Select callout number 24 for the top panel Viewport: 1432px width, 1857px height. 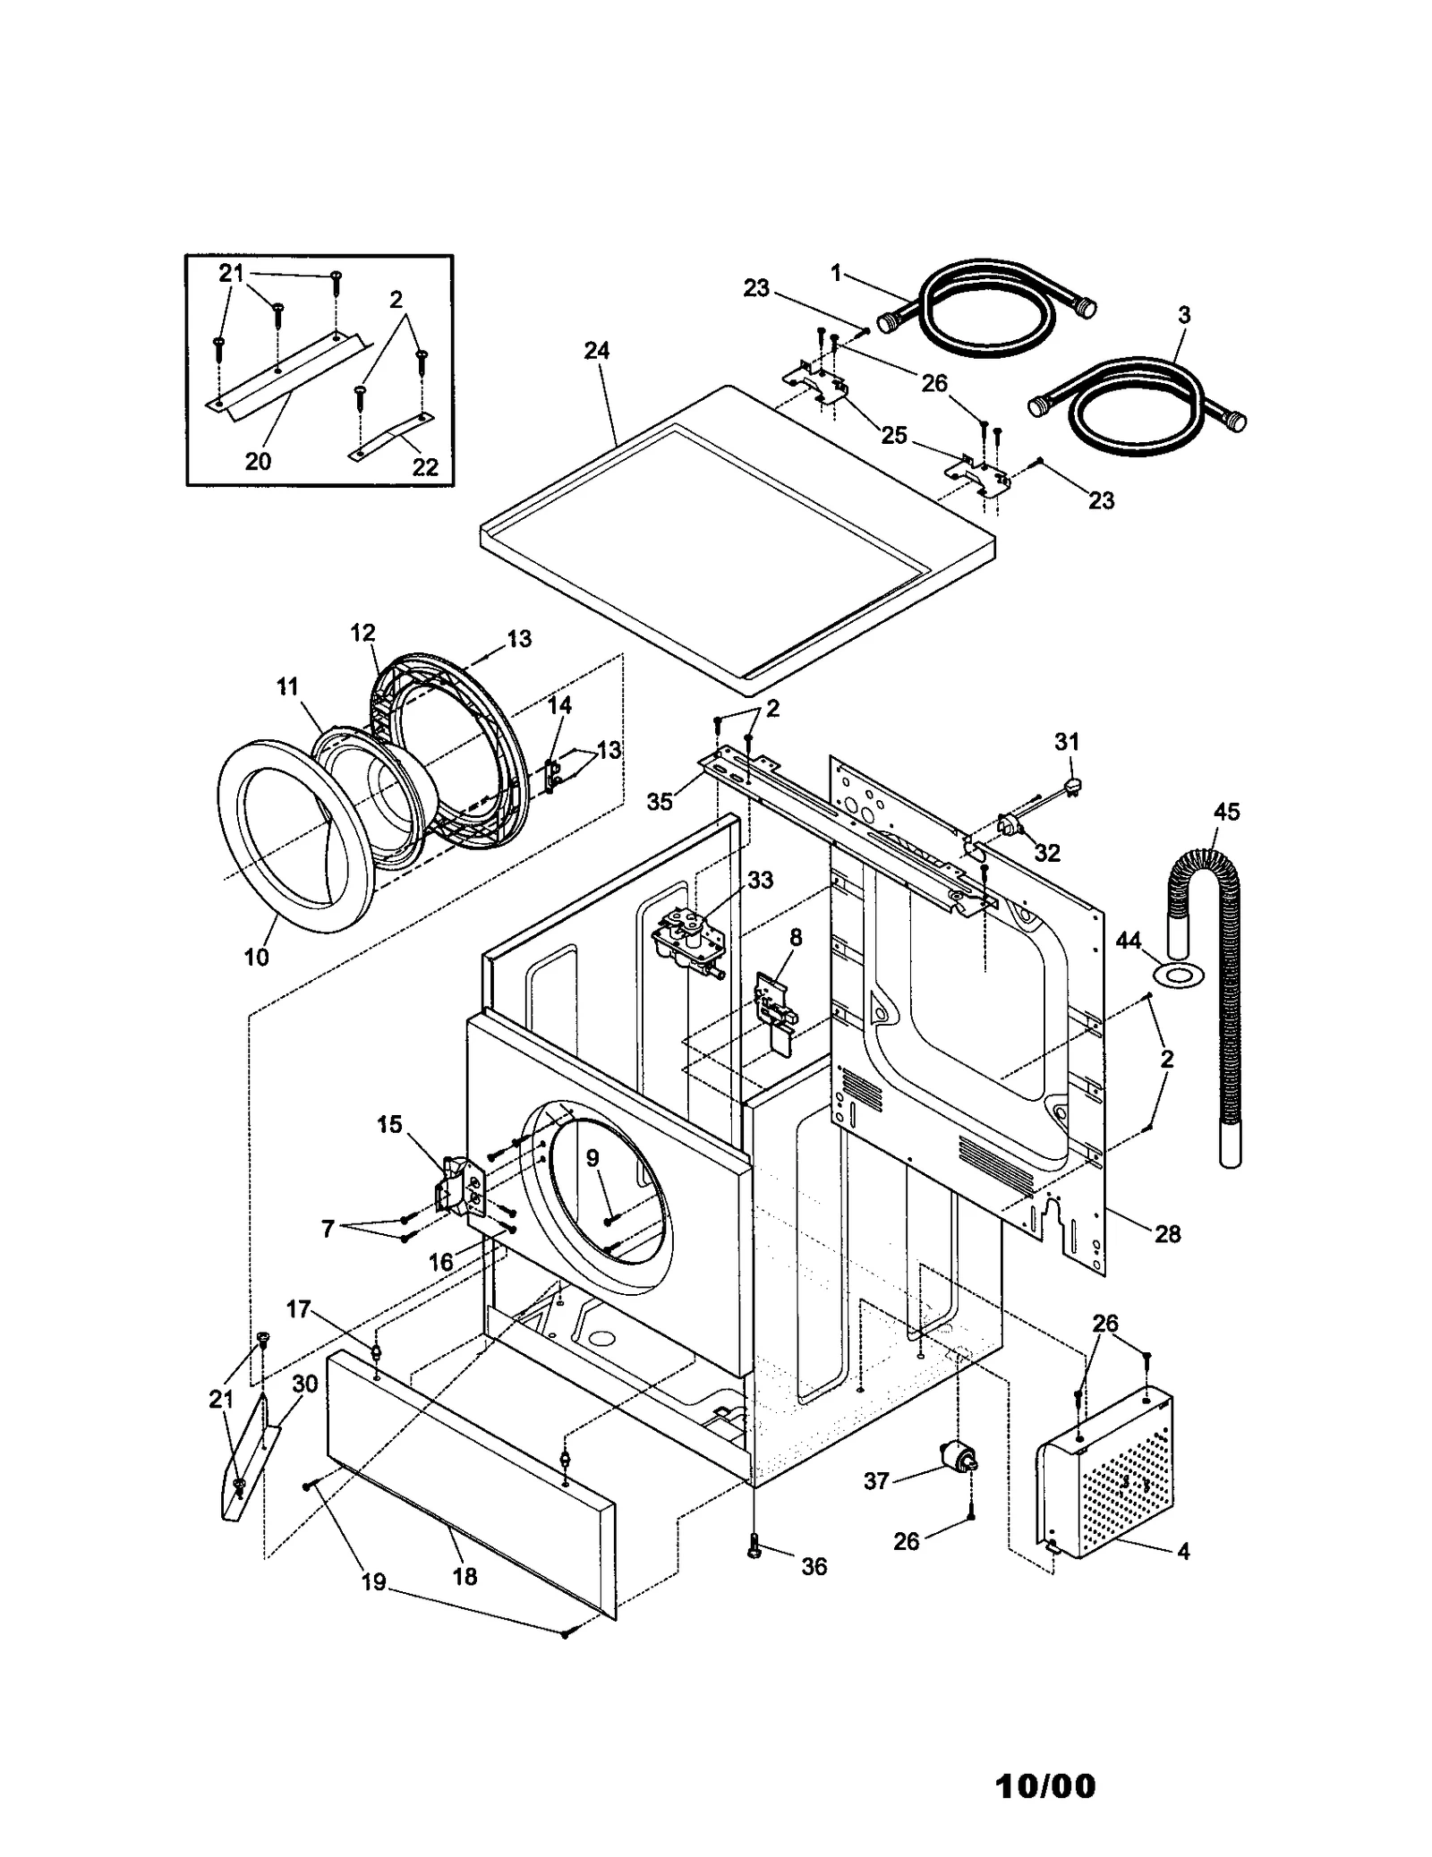596,351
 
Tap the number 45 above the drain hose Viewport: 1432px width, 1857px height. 1226,812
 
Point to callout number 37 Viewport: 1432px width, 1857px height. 875,1481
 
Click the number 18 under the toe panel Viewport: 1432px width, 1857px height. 465,1577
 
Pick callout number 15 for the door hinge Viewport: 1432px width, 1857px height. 389,1124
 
